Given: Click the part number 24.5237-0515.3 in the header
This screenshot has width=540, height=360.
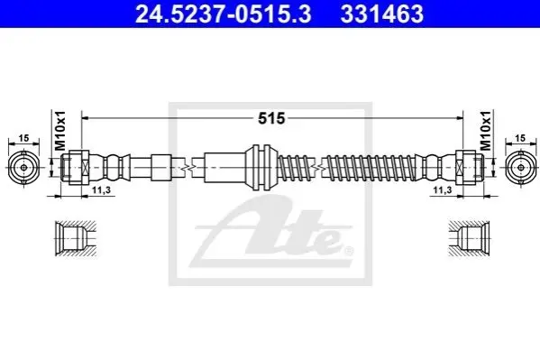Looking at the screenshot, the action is [224, 14].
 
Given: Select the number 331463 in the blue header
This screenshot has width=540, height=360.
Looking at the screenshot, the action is [382, 14].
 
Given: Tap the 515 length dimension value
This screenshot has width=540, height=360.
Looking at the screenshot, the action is [271, 118].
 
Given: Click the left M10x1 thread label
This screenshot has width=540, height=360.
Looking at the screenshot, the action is [60, 131].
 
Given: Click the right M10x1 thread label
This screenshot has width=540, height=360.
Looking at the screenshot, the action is [486, 131].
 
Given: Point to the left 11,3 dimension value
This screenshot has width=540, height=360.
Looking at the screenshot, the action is [101, 190].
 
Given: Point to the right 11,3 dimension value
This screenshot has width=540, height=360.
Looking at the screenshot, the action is [443, 190].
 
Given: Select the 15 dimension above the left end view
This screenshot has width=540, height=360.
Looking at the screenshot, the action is [23, 138].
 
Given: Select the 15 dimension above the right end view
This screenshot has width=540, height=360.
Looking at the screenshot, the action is [521, 138].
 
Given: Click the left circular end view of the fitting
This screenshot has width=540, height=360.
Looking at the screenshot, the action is [23, 168].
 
